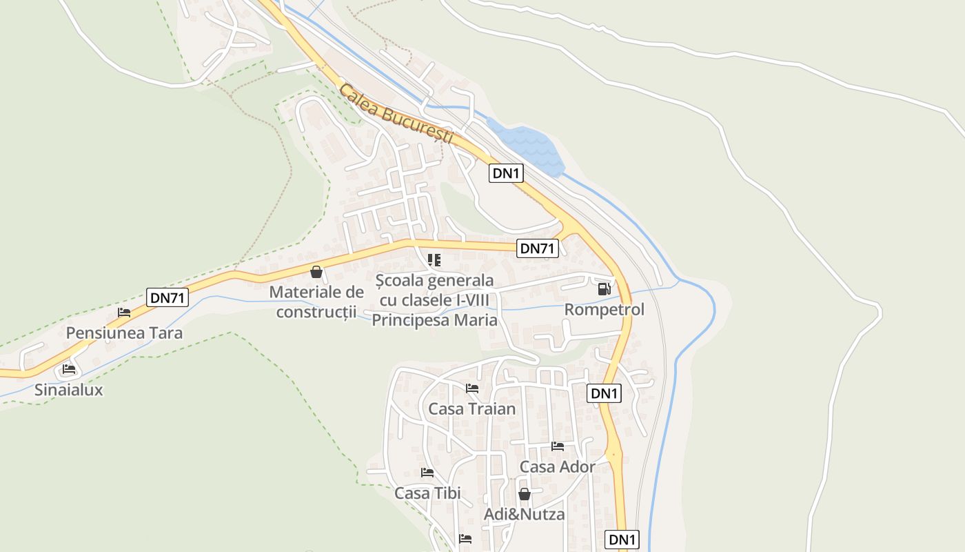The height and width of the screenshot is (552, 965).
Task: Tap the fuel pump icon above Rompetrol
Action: point(604,288)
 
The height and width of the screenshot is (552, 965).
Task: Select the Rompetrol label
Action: point(605,310)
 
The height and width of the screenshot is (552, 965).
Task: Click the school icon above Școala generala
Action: point(434,260)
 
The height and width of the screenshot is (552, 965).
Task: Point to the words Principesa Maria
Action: point(434,320)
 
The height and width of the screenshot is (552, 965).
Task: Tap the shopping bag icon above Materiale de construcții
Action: point(316,272)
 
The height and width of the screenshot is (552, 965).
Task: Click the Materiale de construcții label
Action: point(316,302)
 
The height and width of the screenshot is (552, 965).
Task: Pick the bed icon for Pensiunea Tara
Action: point(124,313)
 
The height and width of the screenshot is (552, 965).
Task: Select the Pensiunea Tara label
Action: point(124,333)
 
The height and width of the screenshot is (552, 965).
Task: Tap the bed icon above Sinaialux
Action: point(69,369)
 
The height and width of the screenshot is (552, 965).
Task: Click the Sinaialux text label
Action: point(69,390)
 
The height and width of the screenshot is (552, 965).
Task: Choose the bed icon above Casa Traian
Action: point(472,388)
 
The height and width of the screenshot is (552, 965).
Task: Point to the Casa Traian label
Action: point(472,409)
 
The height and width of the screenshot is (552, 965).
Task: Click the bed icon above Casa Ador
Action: point(558,446)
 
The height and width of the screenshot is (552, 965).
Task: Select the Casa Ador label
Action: point(558,467)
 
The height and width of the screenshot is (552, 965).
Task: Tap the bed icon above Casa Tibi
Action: point(427,473)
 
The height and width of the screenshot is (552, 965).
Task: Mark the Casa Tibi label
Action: point(427,493)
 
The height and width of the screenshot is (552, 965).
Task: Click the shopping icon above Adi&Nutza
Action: point(525,494)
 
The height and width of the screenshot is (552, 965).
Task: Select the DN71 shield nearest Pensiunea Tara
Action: point(167,298)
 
